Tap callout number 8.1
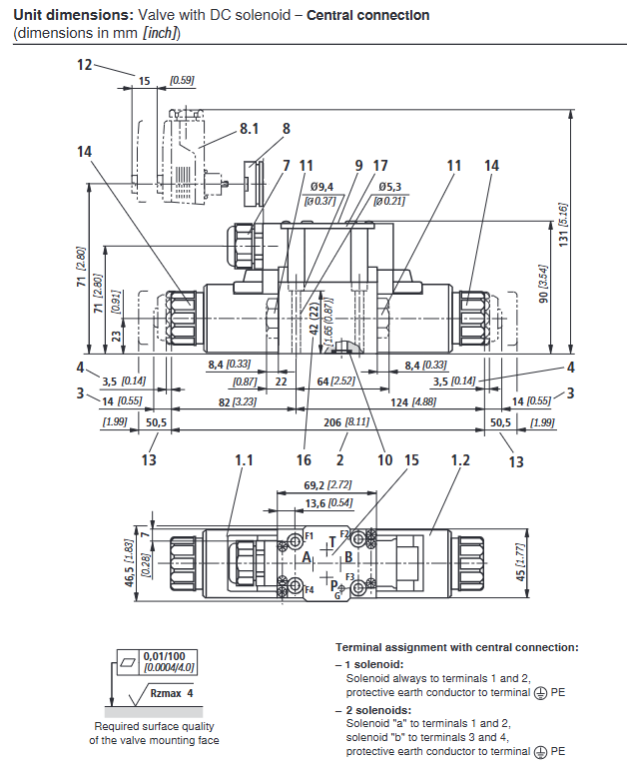pyautogui.click(x=249, y=129)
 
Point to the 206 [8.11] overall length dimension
pyautogui.click(x=351, y=422)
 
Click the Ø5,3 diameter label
pyautogui.click(x=389, y=186)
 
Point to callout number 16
pyautogui.click(x=304, y=460)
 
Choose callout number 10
pyautogui.click(x=384, y=460)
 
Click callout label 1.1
pyautogui.click(x=245, y=460)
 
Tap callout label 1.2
pyautogui.click(x=460, y=460)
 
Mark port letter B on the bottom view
pyautogui.click(x=348, y=556)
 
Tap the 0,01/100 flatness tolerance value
pyautogui.click(x=164, y=655)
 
